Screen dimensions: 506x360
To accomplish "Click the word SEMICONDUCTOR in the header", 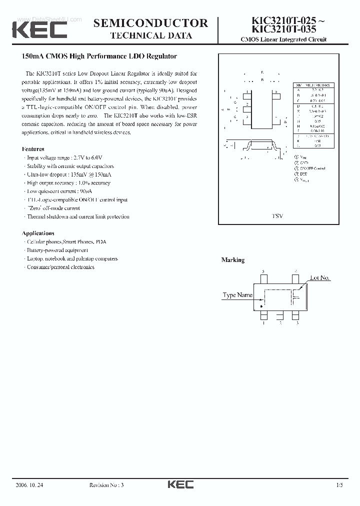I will click(x=150, y=23).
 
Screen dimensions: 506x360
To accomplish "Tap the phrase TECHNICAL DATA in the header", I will click(x=151, y=35).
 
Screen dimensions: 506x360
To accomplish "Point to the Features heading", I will click(x=33, y=149).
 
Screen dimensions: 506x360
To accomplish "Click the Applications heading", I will click(x=38, y=233).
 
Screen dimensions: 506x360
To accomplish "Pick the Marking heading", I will click(x=233, y=260).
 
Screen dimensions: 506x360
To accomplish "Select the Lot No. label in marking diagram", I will click(x=320, y=278).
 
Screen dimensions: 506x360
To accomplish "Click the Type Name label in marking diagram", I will click(x=237, y=295).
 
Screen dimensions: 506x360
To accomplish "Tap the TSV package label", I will click(x=277, y=215).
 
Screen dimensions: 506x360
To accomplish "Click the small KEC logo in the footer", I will click(x=180, y=485).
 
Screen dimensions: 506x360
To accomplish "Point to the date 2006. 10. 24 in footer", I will click(x=29, y=485).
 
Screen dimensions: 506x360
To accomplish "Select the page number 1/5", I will click(x=340, y=485).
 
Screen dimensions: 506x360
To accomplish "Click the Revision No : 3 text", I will click(x=106, y=485).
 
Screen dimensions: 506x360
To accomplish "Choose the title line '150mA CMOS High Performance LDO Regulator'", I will click(x=99, y=57).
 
